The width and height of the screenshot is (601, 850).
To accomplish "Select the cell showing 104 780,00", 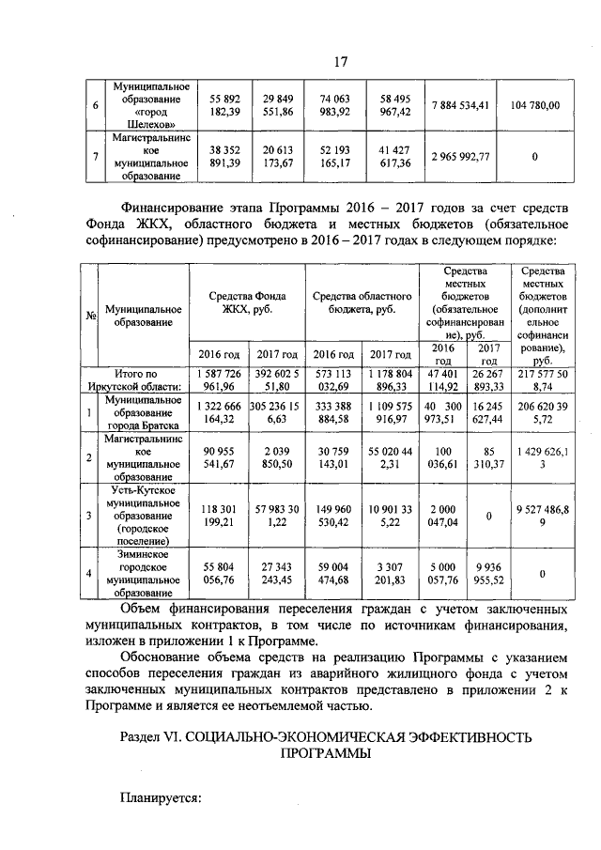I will click(x=534, y=105).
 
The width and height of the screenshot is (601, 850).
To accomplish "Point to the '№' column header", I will click(x=91, y=316).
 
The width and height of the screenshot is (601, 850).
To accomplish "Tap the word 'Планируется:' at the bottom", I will click(x=162, y=797).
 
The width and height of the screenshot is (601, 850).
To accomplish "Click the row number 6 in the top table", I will click(x=91, y=105).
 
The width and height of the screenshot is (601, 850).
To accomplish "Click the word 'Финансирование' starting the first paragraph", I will click(x=177, y=206).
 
